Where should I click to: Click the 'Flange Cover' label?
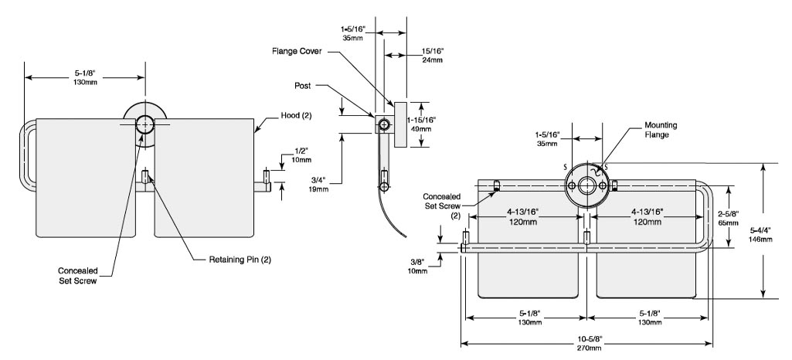click(x=297, y=52)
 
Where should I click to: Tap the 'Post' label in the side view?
click(x=303, y=86)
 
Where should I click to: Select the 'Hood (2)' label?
click(x=296, y=115)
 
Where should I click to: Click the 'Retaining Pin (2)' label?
click(x=240, y=260)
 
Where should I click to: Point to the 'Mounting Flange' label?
click(x=660, y=129)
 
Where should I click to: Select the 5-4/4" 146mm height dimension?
click(x=761, y=235)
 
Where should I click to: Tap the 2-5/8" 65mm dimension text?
click(x=728, y=217)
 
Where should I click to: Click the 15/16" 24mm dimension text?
click(x=433, y=55)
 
